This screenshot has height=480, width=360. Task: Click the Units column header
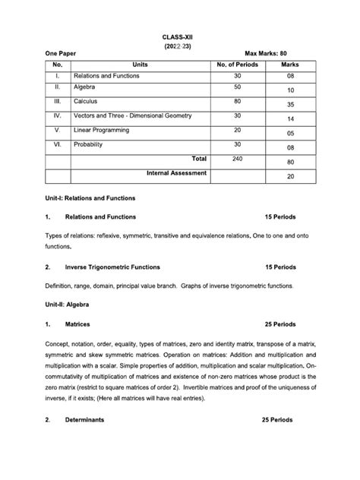[x=140, y=65]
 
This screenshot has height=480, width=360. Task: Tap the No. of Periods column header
[x=238, y=65]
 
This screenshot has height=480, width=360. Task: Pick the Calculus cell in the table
[x=86, y=101]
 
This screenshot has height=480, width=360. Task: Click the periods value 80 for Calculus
[x=238, y=101]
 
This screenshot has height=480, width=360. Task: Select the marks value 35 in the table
[x=290, y=105]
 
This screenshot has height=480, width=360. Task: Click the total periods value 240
[x=238, y=159]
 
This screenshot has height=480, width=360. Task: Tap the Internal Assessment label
[x=176, y=173]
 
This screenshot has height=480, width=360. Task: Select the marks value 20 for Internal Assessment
[x=290, y=177]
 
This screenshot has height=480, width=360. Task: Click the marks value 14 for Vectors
[x=290, y=119]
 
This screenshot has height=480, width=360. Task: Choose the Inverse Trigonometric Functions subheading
[x=113, y=267]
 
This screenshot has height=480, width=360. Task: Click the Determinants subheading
[x=84, y=420]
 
